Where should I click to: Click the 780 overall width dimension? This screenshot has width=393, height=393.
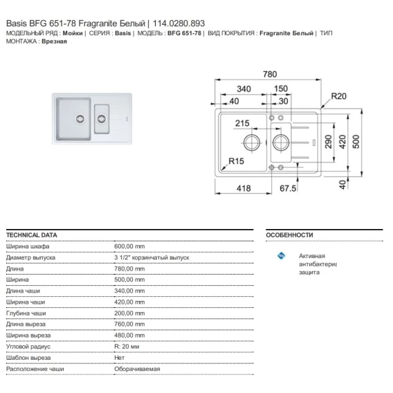pyautogui.click(x=270, y=74)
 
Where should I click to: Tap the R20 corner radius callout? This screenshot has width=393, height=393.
pyautogui.click(x=338, y=96)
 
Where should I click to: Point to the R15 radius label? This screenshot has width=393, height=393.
pyautogui.click(x=236, y=161)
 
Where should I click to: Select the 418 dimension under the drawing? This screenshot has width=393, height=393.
pyautogui.click(x=244, y=188)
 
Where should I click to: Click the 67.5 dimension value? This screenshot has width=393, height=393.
pyautogui.click(x=288, y=188)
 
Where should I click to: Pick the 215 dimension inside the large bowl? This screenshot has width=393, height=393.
pyautogui.click(x=242, y=123)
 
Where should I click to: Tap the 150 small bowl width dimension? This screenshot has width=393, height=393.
pyautogui.click(x=281, y=89)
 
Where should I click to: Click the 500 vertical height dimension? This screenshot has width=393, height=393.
pyautogui.click(x=356, y=142)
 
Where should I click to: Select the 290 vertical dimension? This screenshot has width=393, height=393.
pyautogui.click(x=329, y=142)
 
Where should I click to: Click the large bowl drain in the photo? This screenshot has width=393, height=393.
pyautogui.click(x=80, y=119)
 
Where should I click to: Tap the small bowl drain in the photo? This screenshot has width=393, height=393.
pyautogui.click(x=102, y=119)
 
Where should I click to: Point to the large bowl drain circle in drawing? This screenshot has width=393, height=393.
pyautogui.click(x=252, y=142)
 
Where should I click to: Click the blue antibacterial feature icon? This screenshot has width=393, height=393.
pyautogui.click(x=281, y=255)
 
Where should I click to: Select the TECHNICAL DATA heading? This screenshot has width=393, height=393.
pyautogui.click(x=32, y=235)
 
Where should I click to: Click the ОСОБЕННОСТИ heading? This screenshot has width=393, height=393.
pyautogui.click(x=289, y=235)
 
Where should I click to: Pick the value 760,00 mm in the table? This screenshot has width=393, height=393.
pyautogui.click(x=129, y=324)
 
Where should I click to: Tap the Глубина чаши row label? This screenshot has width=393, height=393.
pyautogui.click(x=26, y=313)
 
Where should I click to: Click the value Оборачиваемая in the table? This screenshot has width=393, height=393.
pyautogui.click(x=137, y=369)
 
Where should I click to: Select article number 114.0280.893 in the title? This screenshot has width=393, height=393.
pyautogui.click(x=179, y=24)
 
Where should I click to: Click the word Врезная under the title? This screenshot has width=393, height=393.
pyautogui.click(x=55, y=42)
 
